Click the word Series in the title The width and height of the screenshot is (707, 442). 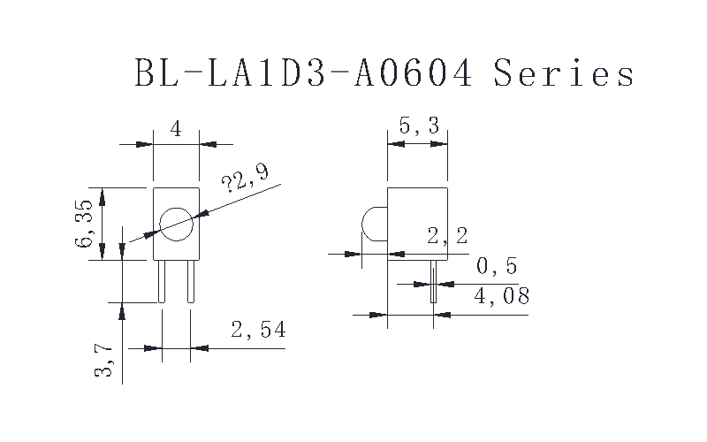(564, 72)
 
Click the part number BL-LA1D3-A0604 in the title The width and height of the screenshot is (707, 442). (303, 72)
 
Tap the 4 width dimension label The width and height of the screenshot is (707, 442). (176, 129)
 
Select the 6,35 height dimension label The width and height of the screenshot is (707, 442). (84, 224)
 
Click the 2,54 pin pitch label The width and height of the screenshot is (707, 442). (258, 329)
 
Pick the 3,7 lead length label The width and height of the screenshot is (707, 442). (103, 360)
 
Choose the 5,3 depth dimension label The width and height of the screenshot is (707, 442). (419, 126)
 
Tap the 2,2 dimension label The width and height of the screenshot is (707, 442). (447, 236)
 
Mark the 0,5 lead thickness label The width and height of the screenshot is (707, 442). (497, 266)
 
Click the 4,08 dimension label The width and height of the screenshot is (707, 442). (501, 296)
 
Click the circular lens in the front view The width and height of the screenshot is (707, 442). (176, 225)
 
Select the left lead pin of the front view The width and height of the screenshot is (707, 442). (162, 281)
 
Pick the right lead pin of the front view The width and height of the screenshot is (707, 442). (191, 281)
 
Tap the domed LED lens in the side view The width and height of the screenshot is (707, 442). (375, 225)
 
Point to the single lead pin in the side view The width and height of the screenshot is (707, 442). (433, 281)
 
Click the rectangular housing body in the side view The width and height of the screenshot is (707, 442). (417, 224)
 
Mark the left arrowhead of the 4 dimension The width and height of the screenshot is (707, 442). (145, 144)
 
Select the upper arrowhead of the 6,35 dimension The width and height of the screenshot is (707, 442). (103, 196)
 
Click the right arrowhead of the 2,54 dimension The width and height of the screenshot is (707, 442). (200, 348)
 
